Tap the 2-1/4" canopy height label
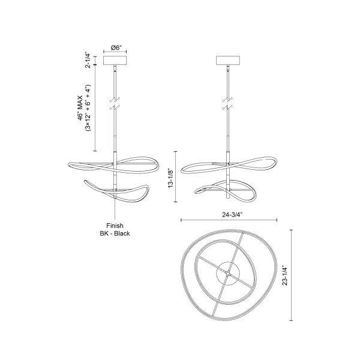click(88, 61)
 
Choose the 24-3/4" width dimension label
click(229, 212)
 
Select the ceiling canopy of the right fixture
click(228, 61)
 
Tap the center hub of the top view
click(228, 274)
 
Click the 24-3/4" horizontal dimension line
click(229, 220)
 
